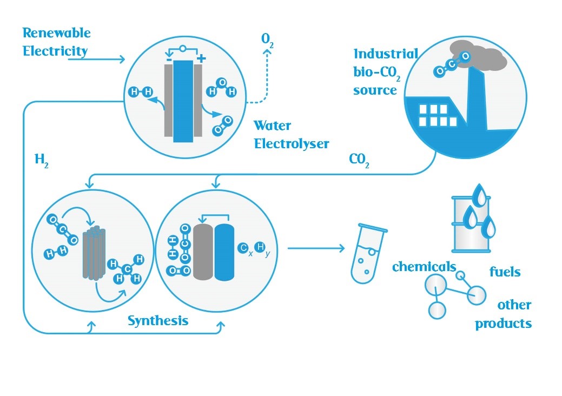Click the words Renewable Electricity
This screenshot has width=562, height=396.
coord(56,42)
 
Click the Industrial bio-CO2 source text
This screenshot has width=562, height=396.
coord(385,71)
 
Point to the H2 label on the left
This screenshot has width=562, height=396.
coord(41,162)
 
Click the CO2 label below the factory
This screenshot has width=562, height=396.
coord(359,162)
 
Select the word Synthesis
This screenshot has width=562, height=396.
coord(158,320)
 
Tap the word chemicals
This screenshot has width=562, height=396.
coord(424,266)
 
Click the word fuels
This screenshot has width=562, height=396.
coord(505,271)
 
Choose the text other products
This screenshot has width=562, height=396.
coord(504,314)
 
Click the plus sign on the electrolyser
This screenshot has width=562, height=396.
coord(201,58)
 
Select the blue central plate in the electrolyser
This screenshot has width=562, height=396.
coord(183,101)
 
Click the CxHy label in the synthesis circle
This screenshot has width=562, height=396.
coord(252,249)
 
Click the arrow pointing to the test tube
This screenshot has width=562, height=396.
coord(316,248)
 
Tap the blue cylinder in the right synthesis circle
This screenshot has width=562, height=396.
coord(224,252)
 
